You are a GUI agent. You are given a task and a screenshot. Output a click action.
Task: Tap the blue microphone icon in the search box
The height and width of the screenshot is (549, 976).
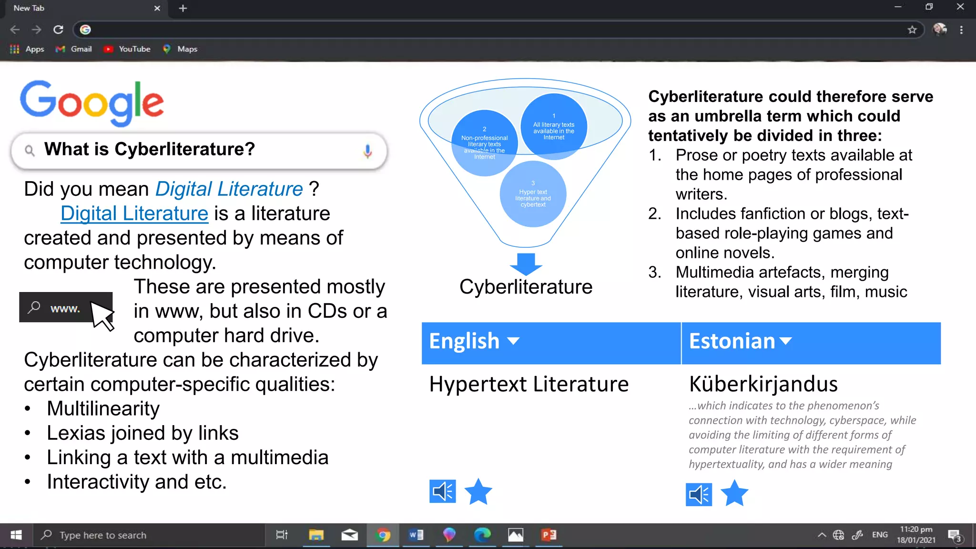tap(367, 151)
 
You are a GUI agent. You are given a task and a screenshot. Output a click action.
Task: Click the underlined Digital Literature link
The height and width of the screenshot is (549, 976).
tap(134, 213)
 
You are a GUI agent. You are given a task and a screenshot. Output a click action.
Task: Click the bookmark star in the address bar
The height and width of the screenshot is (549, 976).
tap(912, 30)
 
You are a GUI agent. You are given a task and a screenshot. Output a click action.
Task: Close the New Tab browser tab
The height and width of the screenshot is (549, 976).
tap(157, 8)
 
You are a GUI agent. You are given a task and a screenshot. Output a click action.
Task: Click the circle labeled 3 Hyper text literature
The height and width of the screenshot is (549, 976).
tap(533, 194)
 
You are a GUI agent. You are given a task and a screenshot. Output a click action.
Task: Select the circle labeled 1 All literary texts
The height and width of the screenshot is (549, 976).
tap(554, 126)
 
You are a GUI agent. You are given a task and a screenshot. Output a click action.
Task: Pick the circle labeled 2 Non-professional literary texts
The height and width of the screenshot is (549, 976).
tap(484, 143)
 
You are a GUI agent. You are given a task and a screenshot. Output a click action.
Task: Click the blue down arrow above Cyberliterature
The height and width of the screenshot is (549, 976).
tap(526, 264)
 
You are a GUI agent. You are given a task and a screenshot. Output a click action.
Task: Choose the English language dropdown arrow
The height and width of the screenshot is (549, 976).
tap(513, 341)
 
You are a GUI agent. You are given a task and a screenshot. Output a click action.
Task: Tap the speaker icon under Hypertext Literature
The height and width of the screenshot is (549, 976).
tap(442, 491)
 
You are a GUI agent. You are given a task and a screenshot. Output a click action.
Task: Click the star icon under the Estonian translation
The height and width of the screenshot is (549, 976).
tap(734, 493)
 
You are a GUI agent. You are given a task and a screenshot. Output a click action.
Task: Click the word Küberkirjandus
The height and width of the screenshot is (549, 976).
tap(763, 384)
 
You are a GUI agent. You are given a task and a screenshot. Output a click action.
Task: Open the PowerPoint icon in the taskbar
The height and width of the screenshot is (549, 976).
tap(549, 535)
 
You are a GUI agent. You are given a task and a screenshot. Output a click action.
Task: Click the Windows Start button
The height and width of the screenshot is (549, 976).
tap(16, 535)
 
